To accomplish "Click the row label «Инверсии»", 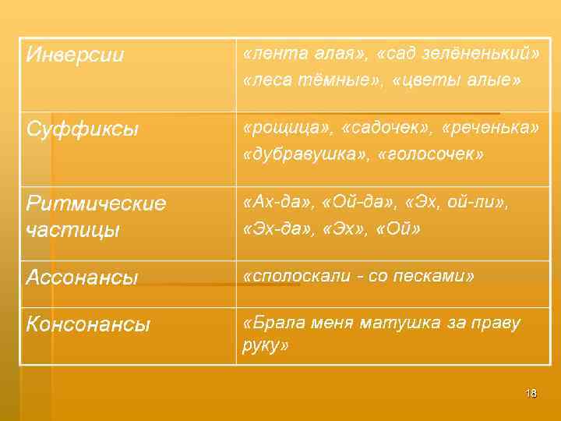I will click(x=76, y=55).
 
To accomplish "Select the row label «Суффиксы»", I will click(x=83, y=129).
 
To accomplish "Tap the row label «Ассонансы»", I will click(x=82, y=277).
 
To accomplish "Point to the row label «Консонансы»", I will click(x=88, y=324).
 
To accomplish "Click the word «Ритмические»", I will click(x=96, y=203).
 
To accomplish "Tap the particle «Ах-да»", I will click(x=272, y=203).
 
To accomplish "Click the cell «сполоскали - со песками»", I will click(x=358, y=276).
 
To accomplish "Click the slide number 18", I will click(x=531, y=393).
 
